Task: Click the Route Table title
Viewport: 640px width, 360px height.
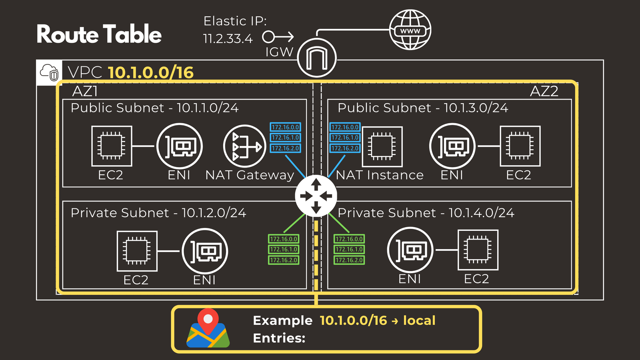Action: click(99, 34)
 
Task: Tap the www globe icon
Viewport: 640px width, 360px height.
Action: click(410, 30)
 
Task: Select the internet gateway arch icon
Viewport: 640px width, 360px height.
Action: click(317, 58)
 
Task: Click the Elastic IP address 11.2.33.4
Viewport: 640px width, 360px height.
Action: click(228, 39)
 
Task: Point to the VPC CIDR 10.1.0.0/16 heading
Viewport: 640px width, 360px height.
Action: click(151, 72)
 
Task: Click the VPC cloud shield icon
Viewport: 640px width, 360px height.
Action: click(49, 72)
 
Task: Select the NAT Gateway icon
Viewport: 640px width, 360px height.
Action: click(244, 146)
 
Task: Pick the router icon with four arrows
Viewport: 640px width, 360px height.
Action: click(316, 196)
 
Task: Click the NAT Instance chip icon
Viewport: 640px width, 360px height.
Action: click(382, 146)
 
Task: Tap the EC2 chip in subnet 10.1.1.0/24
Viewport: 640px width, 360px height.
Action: click(112, 146)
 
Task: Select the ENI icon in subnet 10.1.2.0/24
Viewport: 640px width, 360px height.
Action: click(205, 251)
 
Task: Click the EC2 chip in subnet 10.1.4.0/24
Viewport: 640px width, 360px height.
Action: click(478, 250)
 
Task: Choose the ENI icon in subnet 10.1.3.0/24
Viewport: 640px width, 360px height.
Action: click(452, 146)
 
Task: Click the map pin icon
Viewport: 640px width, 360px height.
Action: click(208, 328)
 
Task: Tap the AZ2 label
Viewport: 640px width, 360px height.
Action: click(544, 92)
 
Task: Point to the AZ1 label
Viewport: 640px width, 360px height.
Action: click(85, 92)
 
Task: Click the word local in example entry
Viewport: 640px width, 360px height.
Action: click(419, 320)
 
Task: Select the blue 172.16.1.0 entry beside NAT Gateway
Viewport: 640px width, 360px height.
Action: click(285, 138)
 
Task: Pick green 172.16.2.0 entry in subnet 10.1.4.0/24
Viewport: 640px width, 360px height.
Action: click(349, 260)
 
